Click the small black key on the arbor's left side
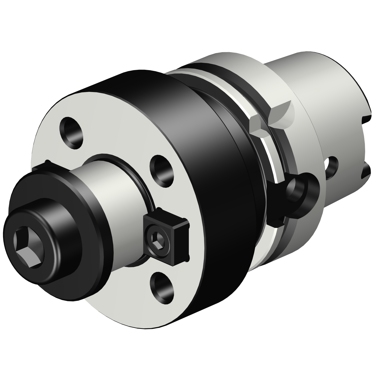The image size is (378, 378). [x=42, y=166]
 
